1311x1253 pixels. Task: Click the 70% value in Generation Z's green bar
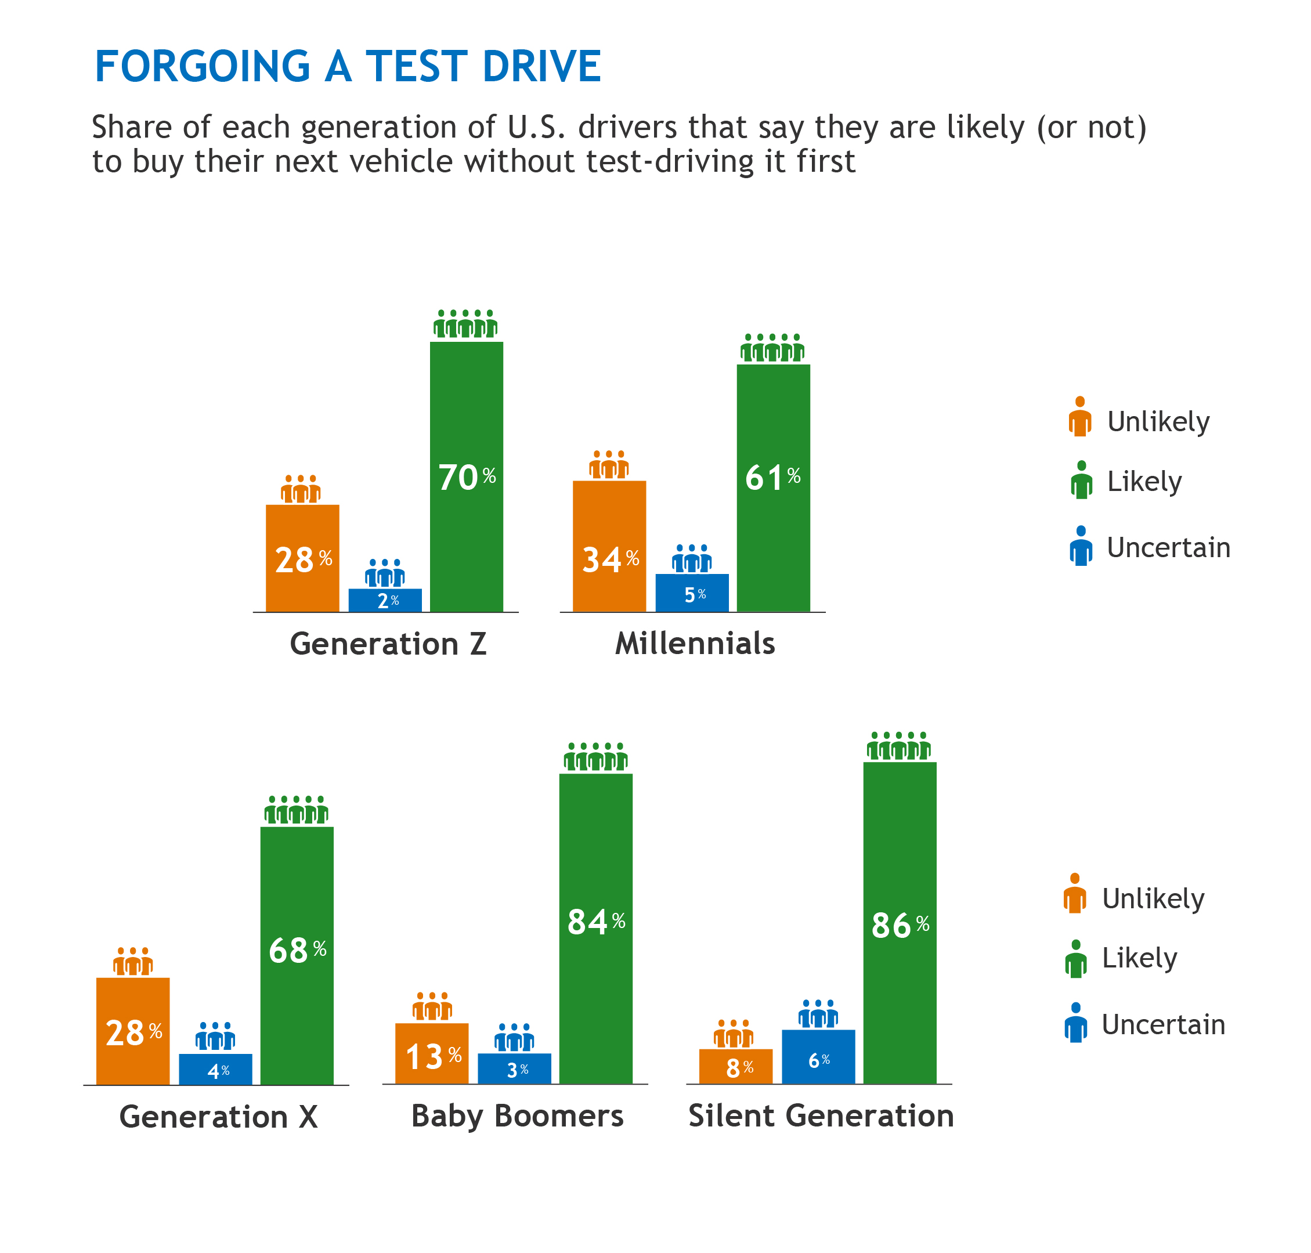pos(466,478)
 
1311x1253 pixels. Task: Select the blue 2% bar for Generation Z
pos(385,600)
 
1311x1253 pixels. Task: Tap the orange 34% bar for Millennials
pos(609,546)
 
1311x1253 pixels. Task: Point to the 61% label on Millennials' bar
pos(772,478)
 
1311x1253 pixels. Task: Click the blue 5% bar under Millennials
pos(692,593)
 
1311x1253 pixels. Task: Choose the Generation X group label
pos(218,1116)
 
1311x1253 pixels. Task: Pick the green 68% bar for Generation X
pos(297,955)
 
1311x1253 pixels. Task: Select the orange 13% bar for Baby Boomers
pos(431,1053)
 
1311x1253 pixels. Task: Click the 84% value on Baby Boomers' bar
pos(596,922)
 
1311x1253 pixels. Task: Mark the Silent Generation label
pos(821,1115)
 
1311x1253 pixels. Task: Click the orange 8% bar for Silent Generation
pos(735,1067)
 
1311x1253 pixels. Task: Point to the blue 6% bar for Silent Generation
pos(818,1057)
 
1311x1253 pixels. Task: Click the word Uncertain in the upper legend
pos(1168,548)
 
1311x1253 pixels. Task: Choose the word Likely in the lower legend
pos(1139,958)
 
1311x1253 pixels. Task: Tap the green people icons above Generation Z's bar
pos(465,324)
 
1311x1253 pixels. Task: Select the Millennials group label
pos(695,643)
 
